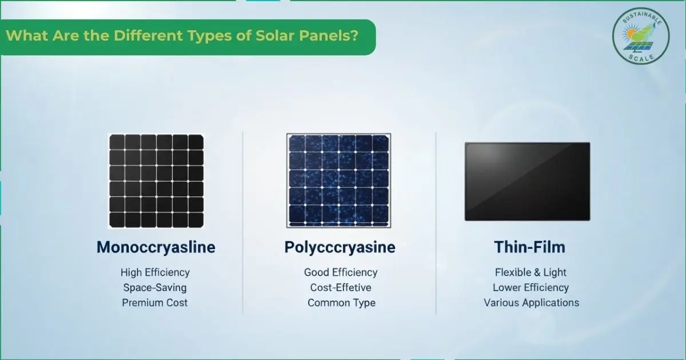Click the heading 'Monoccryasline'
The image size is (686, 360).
(x=155, y=247)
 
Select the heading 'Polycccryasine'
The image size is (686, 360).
(x=340, y=247)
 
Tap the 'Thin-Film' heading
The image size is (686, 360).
(x=529, y=247)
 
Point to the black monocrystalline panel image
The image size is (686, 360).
(x=156, y=181)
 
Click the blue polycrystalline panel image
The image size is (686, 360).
(x=340, y=181)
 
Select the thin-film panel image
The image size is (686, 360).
(x=527, y=181)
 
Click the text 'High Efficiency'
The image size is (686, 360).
(x=155, y=273)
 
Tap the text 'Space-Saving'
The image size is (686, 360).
(x=155, y=287)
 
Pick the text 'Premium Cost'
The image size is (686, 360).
(x=155, y=303)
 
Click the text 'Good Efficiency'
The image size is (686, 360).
(x=341, y=273)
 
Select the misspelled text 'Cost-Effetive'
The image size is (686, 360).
(x=341, y=287)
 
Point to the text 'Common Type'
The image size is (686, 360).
(x=341, y=303)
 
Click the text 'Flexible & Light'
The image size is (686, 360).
(x=531, y=273)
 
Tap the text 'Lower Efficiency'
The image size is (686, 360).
(x=531, y=287)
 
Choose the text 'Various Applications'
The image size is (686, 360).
(x=531, y=303)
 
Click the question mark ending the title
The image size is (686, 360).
(x=355, y=35)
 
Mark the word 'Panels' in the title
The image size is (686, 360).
(x=329, y=35)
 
